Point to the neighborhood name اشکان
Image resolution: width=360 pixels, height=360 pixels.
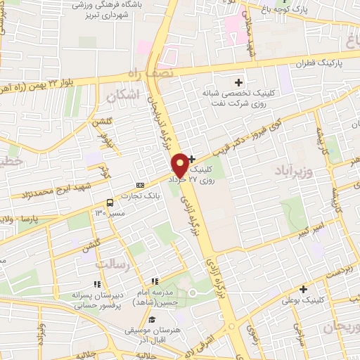pyautogui.click(x=125, y=94)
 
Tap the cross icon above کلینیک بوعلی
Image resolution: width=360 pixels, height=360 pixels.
pyautogui.click(x=304, y=289)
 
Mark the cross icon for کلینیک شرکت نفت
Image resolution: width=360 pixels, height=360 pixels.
pyautogui.click(x=239, y=83)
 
